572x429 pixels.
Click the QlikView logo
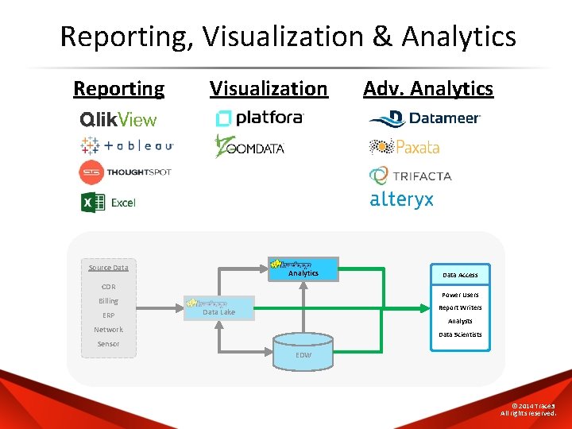tap(118, 120)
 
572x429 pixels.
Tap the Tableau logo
tap(126, 145)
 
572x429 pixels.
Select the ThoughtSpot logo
tap(125, 172)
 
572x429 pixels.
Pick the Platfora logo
tap(260, 118)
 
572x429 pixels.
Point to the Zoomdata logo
tap(249, 146)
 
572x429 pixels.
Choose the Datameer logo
tap(425, 118)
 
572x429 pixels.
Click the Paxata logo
tap(404, 147)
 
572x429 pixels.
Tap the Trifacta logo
tap(411, 175)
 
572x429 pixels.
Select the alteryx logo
tap(402, 200)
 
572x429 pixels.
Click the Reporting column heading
tap(119, 88)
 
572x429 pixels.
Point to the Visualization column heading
tap(269, 88)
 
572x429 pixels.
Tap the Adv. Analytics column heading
tap(428, 88)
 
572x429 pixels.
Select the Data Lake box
tap(220, 308)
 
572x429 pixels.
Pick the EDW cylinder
tap(303, 350)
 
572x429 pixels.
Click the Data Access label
tap(461, 275)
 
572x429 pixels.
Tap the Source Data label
tap(109, 268)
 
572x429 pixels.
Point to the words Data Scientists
tap(461, 334)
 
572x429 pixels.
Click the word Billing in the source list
tap(109, 301)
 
